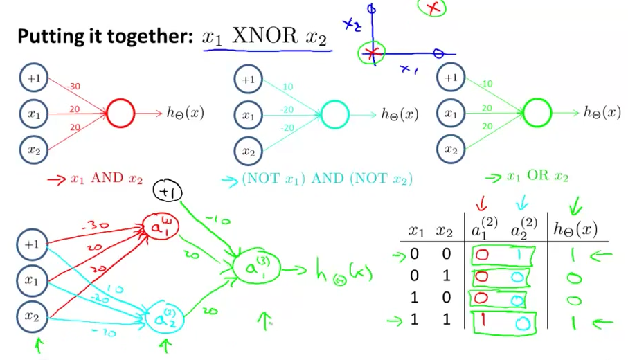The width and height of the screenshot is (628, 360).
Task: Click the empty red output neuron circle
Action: point(120,114)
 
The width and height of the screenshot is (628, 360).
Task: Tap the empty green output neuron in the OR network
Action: point(537,112)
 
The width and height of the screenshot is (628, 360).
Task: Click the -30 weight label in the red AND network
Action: point(74,87)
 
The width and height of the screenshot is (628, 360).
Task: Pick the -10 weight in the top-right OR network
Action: point(486,84)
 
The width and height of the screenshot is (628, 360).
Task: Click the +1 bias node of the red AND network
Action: point(34,78)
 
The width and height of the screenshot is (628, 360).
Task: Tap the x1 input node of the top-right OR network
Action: point(451,113)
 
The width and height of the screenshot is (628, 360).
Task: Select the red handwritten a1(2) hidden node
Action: point(156,226)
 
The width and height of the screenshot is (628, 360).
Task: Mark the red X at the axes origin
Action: point(373,53)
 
